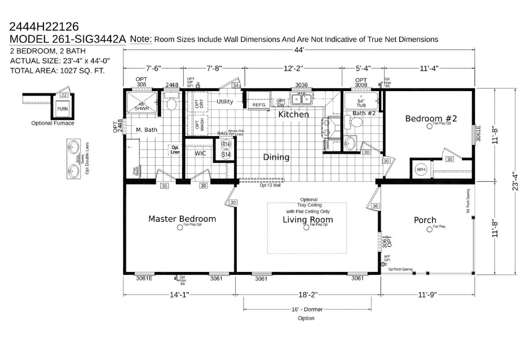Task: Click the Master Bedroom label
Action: pyautogui.click(x=182, y=219)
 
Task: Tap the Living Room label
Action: pyautogui.click(x=308, y=220)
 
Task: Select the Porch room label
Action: pyautogui.click(x=425, y=220)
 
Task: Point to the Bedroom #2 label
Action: pyautogui.click(x=431, y=118)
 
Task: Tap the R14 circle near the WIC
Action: pyautogui.click(x=226, y=144)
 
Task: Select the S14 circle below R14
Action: pyautogui.click(x=226, y=154)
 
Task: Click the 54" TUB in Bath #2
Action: pyautogui.click(x=361, y=103)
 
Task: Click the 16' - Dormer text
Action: pyautogui.click(x=306, y=309)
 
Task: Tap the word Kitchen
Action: pyautogui.click(x=293, y=115)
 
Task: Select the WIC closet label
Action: pyautogui.click(x=201, y=154)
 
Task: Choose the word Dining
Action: pyautogui.click(x=276, y=157)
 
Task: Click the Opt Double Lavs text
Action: pyautogui.click(x=87, y=158)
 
